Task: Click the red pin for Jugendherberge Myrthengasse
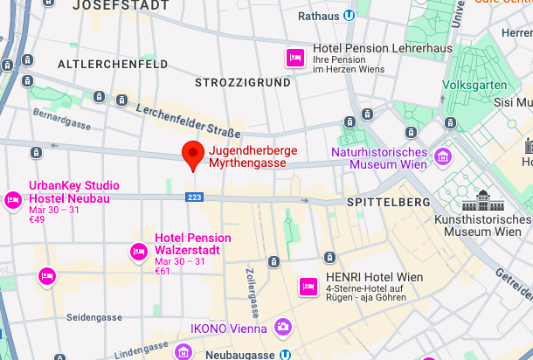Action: pos(193,155)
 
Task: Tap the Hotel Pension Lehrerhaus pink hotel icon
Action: pos(294,58)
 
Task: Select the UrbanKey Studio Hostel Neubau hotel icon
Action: pos(13,200)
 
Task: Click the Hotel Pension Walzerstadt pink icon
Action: pos(138,252)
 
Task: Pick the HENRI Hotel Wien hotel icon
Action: pos(308,286)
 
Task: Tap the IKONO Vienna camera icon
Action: pos(282,328)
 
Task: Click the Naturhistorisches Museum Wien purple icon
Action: pos(444,156)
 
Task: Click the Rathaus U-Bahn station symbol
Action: pos(349,15)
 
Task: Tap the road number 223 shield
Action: pos(195,198)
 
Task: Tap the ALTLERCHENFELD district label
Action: pos(100,65)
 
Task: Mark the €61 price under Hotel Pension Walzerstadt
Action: pos(163,272)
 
